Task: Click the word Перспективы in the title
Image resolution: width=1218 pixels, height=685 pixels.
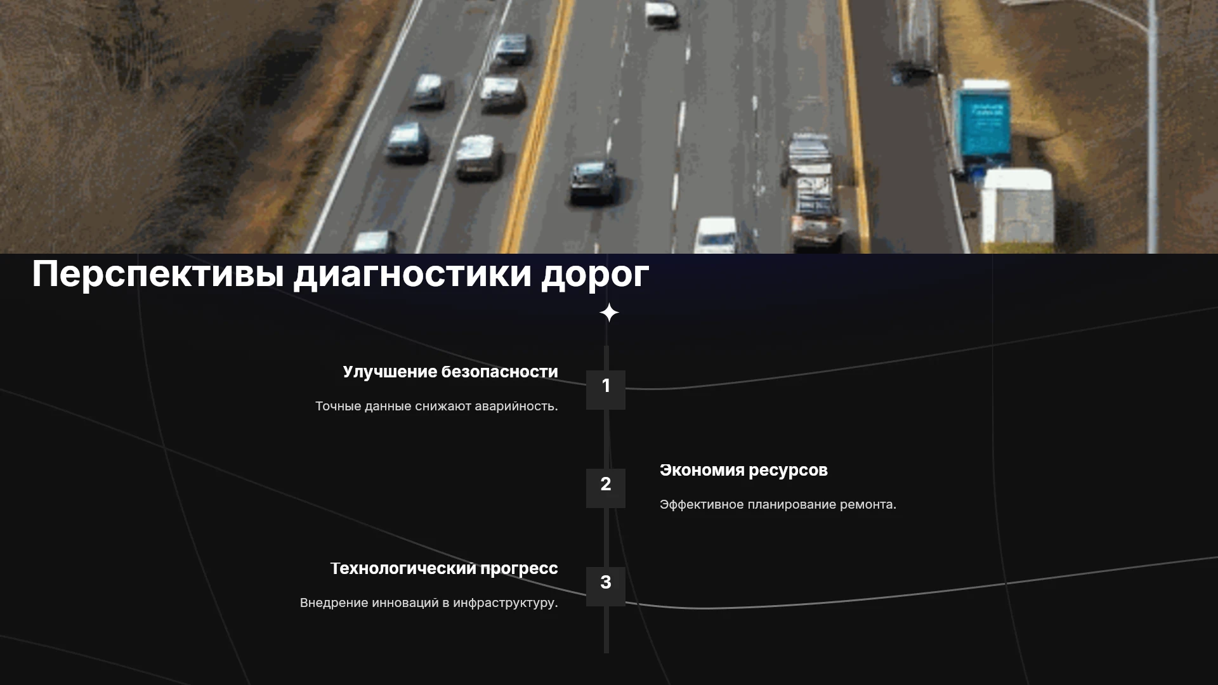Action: tap(158, 275)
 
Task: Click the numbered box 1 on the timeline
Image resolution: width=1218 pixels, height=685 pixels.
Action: tap(606, 389)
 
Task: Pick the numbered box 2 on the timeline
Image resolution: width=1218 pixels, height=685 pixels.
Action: tap(606, 488)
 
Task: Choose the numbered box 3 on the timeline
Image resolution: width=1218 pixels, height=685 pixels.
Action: tap(606, 586)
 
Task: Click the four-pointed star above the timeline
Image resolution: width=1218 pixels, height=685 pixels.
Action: tap(609, 313)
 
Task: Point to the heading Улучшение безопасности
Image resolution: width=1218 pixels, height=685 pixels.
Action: tap(450, 372)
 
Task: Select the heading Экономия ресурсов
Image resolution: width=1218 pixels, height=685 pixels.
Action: tap(743, 471)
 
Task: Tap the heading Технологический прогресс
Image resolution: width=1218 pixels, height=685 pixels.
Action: tap(444, 569)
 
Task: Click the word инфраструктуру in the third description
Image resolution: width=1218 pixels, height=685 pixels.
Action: tap(506, 603)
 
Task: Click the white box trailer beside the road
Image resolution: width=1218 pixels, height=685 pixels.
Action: tap(1017, 207)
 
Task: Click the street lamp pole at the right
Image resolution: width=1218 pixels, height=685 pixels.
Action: tap(1152, 127)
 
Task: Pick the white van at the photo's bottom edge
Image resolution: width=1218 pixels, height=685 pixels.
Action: tap(717, 235)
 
